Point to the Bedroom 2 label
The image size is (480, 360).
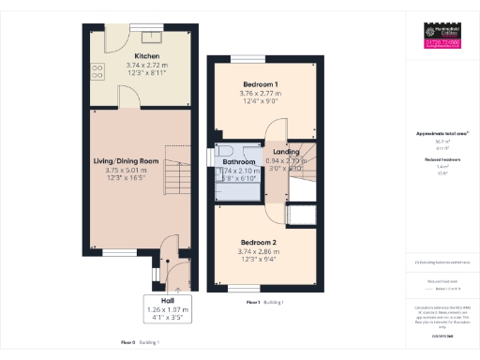coord(255,242)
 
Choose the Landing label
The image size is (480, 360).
coord(286,152)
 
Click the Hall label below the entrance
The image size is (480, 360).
coord(167,300)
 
